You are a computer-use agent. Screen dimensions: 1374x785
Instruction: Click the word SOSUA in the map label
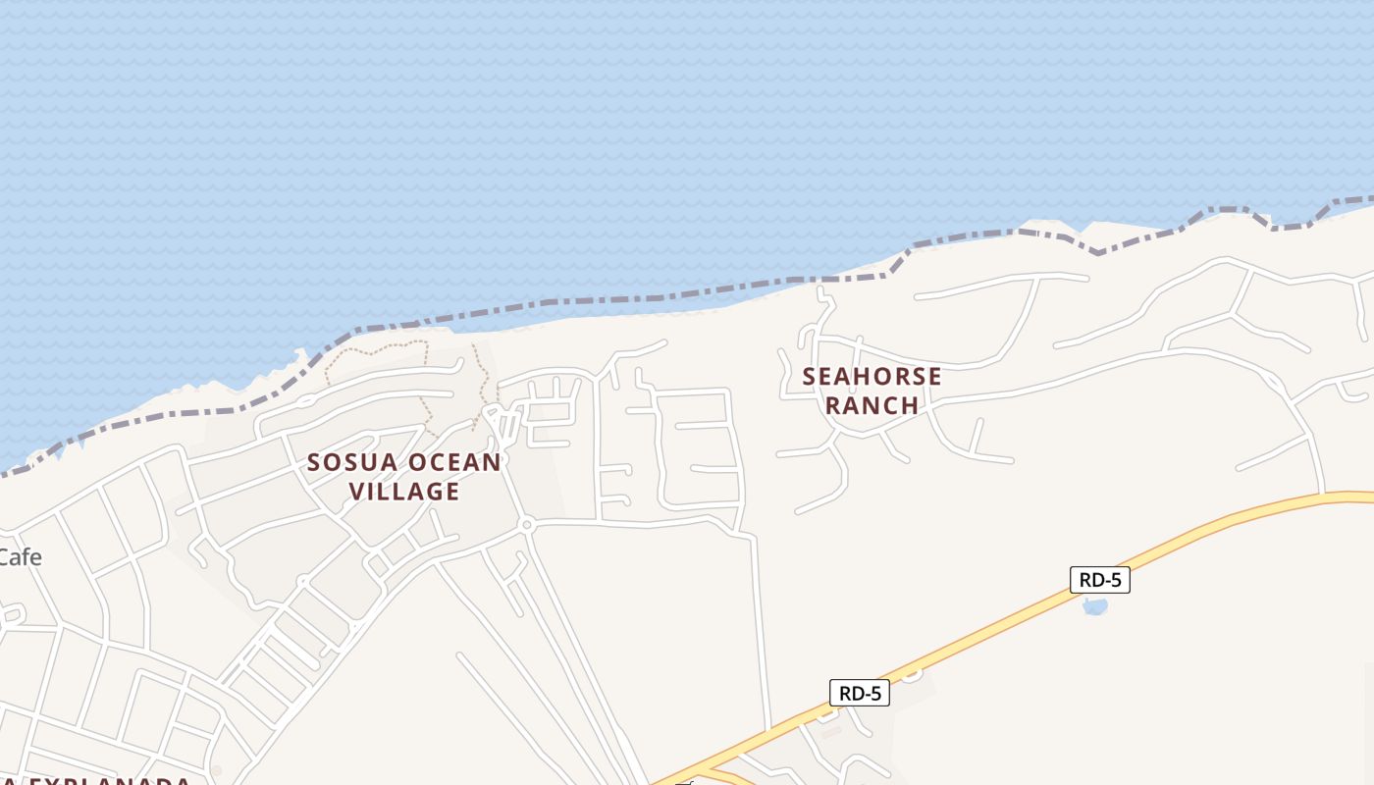click(x=341, y=462)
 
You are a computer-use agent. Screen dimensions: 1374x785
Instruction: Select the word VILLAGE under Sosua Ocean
click(x=405, y=491)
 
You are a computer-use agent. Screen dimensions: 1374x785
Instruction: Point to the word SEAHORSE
click(x=872, y=377)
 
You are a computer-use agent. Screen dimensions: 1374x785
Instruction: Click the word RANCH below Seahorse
click(x=872, y=405)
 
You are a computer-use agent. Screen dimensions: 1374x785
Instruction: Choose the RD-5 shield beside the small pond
click(x=1099, y=580)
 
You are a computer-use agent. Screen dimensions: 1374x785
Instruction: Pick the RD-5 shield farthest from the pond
click(x=860, y=693)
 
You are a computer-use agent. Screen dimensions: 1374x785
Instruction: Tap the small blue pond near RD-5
click(x=1095, y=605)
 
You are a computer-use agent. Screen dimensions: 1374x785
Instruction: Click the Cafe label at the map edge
click(x=20, y=557)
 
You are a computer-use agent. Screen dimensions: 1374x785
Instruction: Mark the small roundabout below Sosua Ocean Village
click(x=527, y=526)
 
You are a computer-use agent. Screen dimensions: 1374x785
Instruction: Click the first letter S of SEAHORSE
click(x=810, y=377)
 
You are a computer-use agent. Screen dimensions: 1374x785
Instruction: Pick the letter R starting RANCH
click(x=833, y=405)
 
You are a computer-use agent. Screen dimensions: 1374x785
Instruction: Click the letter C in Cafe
click(x=6, y=557)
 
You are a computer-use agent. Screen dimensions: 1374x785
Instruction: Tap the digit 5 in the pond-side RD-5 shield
click(x=1115, y=580)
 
